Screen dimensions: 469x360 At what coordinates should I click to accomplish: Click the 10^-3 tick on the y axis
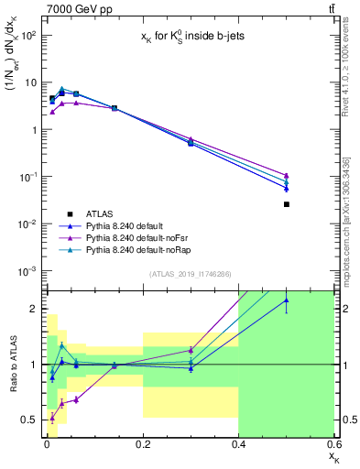(28, 270)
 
